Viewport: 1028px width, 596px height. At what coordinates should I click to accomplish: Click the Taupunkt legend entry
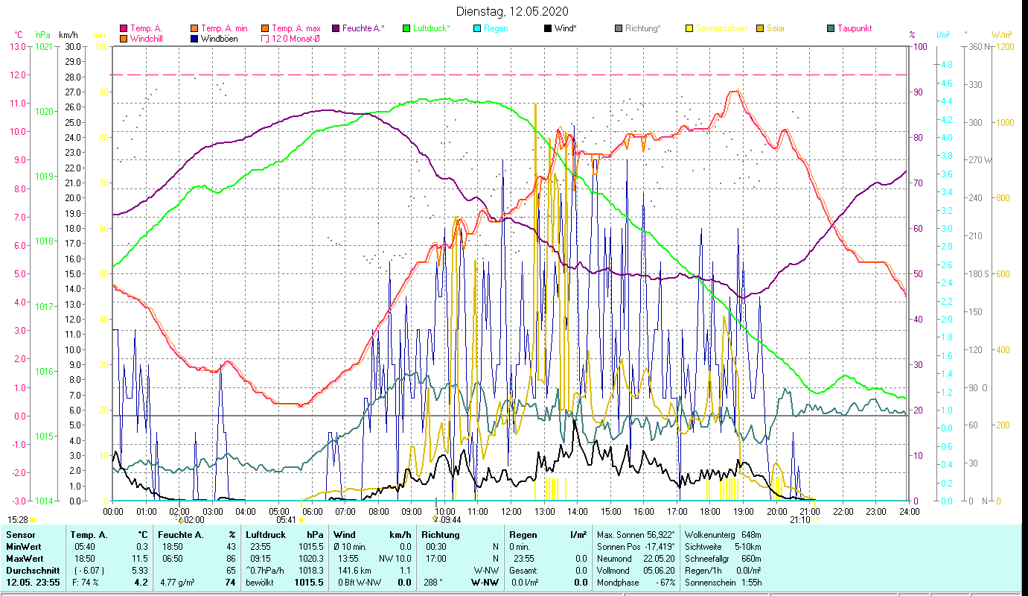coord(854,28)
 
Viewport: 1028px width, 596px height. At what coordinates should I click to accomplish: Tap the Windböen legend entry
coord(219,39)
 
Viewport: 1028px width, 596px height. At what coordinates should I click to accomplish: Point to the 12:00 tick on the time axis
coord(511,512)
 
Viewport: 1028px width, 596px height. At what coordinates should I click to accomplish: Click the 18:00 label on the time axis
coord(710,512)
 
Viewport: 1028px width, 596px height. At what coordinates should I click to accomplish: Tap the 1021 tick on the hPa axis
coord(44,47)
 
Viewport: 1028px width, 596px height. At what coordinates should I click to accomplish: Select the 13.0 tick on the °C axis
coord(18,47)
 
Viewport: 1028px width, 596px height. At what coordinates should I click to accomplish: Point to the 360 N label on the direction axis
coord(977,47)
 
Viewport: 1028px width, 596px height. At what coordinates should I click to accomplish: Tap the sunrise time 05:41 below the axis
coord(287,520)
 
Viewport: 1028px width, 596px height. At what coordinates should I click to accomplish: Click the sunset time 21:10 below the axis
coord(799,520)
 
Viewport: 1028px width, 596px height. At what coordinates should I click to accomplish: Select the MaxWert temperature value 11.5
coord(141,557)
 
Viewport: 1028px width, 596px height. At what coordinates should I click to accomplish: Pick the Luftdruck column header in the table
coord(265,534)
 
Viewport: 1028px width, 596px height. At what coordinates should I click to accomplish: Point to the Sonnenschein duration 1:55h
coord(753,582)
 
